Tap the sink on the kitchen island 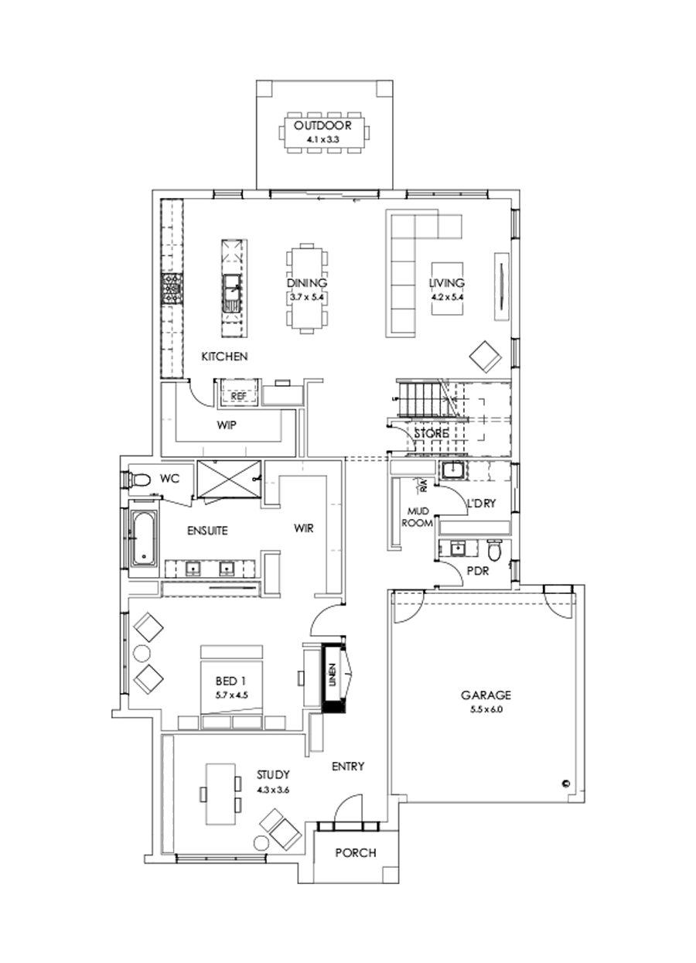coord(231,292)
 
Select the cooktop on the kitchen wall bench coord(171,290)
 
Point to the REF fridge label coord(239,396)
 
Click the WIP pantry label coord(227,425)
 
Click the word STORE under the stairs coord(431,434)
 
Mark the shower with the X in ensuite coord(228,480)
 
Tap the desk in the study coord(220,794)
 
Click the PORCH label coord(356,853)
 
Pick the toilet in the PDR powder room coord(495,550)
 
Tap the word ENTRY coord(347,767)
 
